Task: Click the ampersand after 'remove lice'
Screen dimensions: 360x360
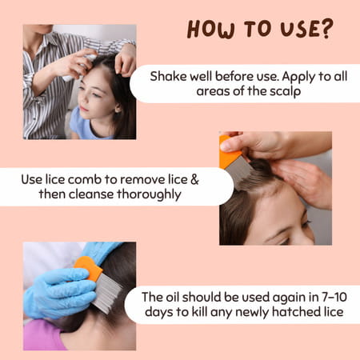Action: point(194,178)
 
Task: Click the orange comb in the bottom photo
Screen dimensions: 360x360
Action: point(90,267)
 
